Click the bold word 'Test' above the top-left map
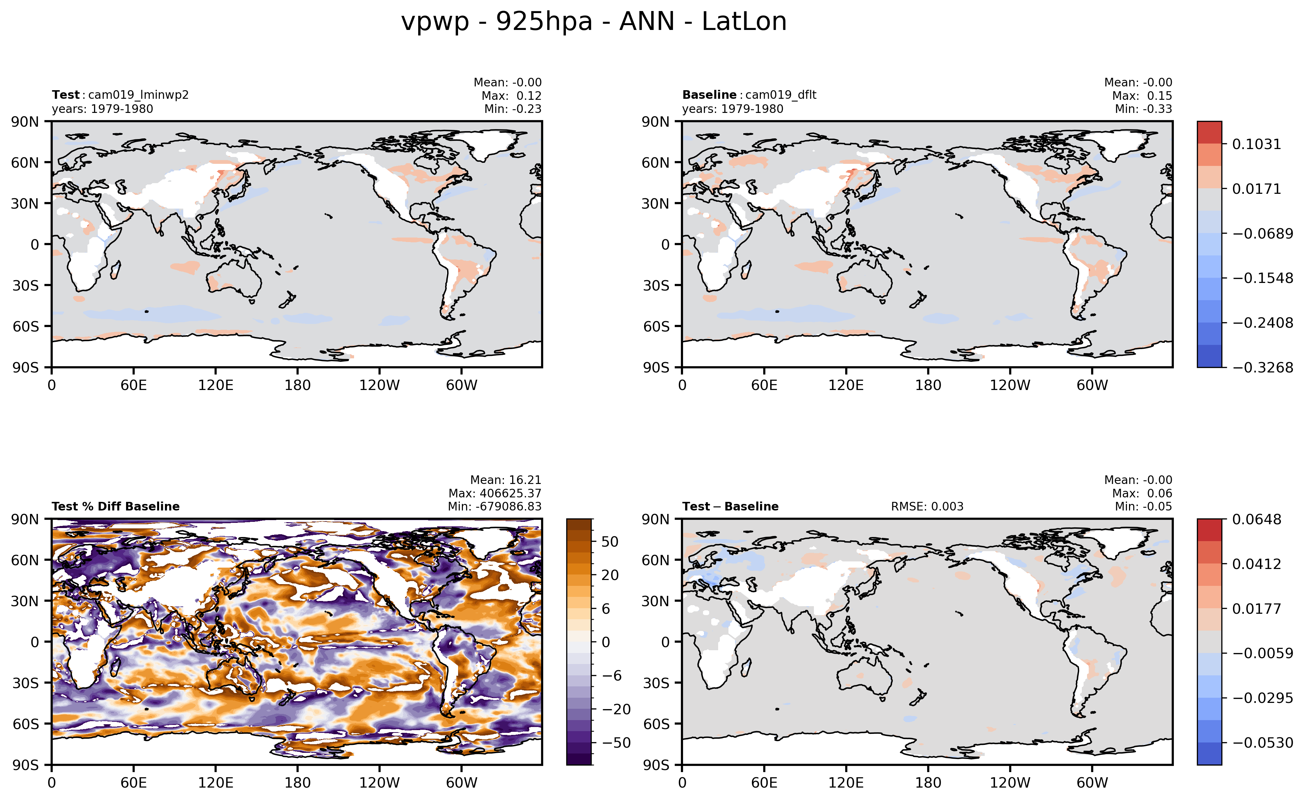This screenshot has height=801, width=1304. [65, 95]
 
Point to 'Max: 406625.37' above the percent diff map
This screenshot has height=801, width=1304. [495, 493]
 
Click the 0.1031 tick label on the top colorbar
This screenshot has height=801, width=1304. [1256, 144]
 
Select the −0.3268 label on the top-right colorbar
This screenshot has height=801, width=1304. [1262, 368]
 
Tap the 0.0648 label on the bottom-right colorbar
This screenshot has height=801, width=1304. [1256, 519]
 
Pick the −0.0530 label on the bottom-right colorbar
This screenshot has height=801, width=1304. [1262, 743]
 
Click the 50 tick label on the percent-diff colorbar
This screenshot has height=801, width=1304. [610, 541]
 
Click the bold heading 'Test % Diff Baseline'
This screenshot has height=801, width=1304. [116, 506]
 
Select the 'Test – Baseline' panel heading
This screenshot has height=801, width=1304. [730, 506]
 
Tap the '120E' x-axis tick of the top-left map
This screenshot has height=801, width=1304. [215, 385]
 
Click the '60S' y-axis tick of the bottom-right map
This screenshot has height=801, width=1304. [656, 724]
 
